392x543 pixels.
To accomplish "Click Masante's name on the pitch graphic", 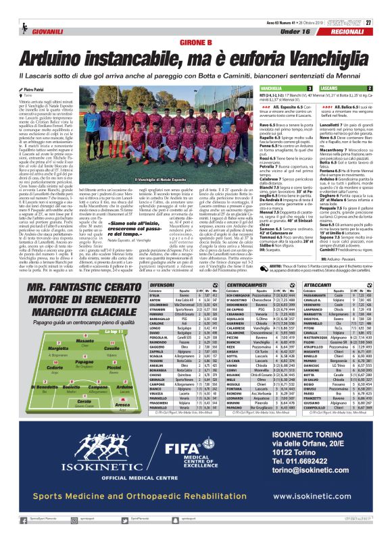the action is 68,361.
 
